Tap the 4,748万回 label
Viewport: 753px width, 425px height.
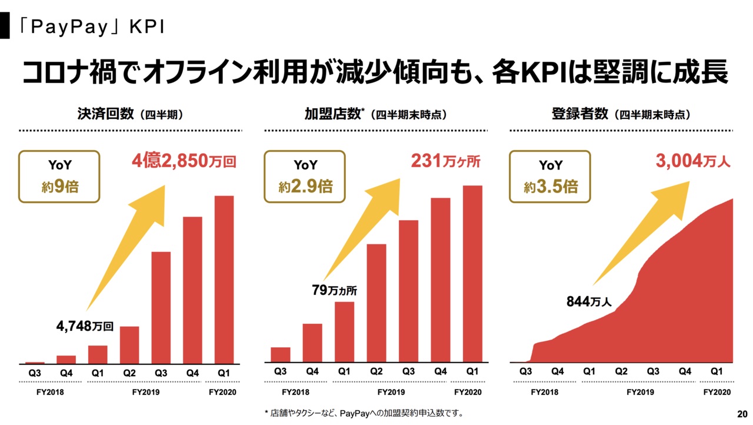85,325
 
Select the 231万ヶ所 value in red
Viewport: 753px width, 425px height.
445,161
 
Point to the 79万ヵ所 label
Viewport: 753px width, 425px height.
334,290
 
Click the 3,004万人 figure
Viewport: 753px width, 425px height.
693,161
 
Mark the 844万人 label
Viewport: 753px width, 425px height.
589,302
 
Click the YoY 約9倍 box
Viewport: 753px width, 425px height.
60,177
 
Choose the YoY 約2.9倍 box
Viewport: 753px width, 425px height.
305,177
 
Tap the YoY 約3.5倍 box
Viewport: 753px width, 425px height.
551,177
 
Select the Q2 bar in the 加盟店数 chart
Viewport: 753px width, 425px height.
376,304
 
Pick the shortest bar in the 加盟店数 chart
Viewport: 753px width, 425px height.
281,355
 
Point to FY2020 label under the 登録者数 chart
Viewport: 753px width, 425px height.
717,393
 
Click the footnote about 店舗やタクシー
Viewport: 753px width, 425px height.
364,413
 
